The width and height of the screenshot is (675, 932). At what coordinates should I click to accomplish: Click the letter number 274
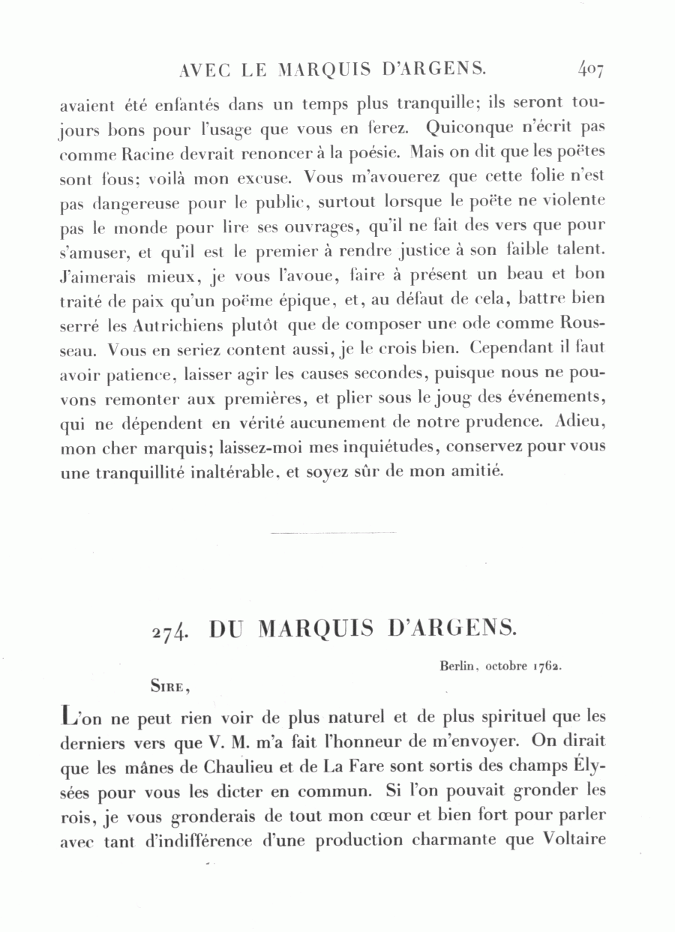click(x=168, y=631)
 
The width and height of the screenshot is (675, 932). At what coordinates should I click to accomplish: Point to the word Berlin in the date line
click(x=449, y=664)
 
